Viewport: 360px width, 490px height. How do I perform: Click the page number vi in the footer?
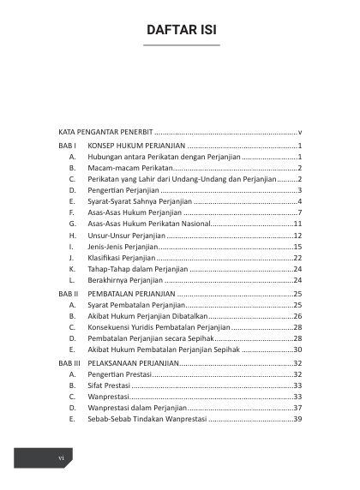point(61,459)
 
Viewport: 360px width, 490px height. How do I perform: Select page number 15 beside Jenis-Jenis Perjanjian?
point(297,246)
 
